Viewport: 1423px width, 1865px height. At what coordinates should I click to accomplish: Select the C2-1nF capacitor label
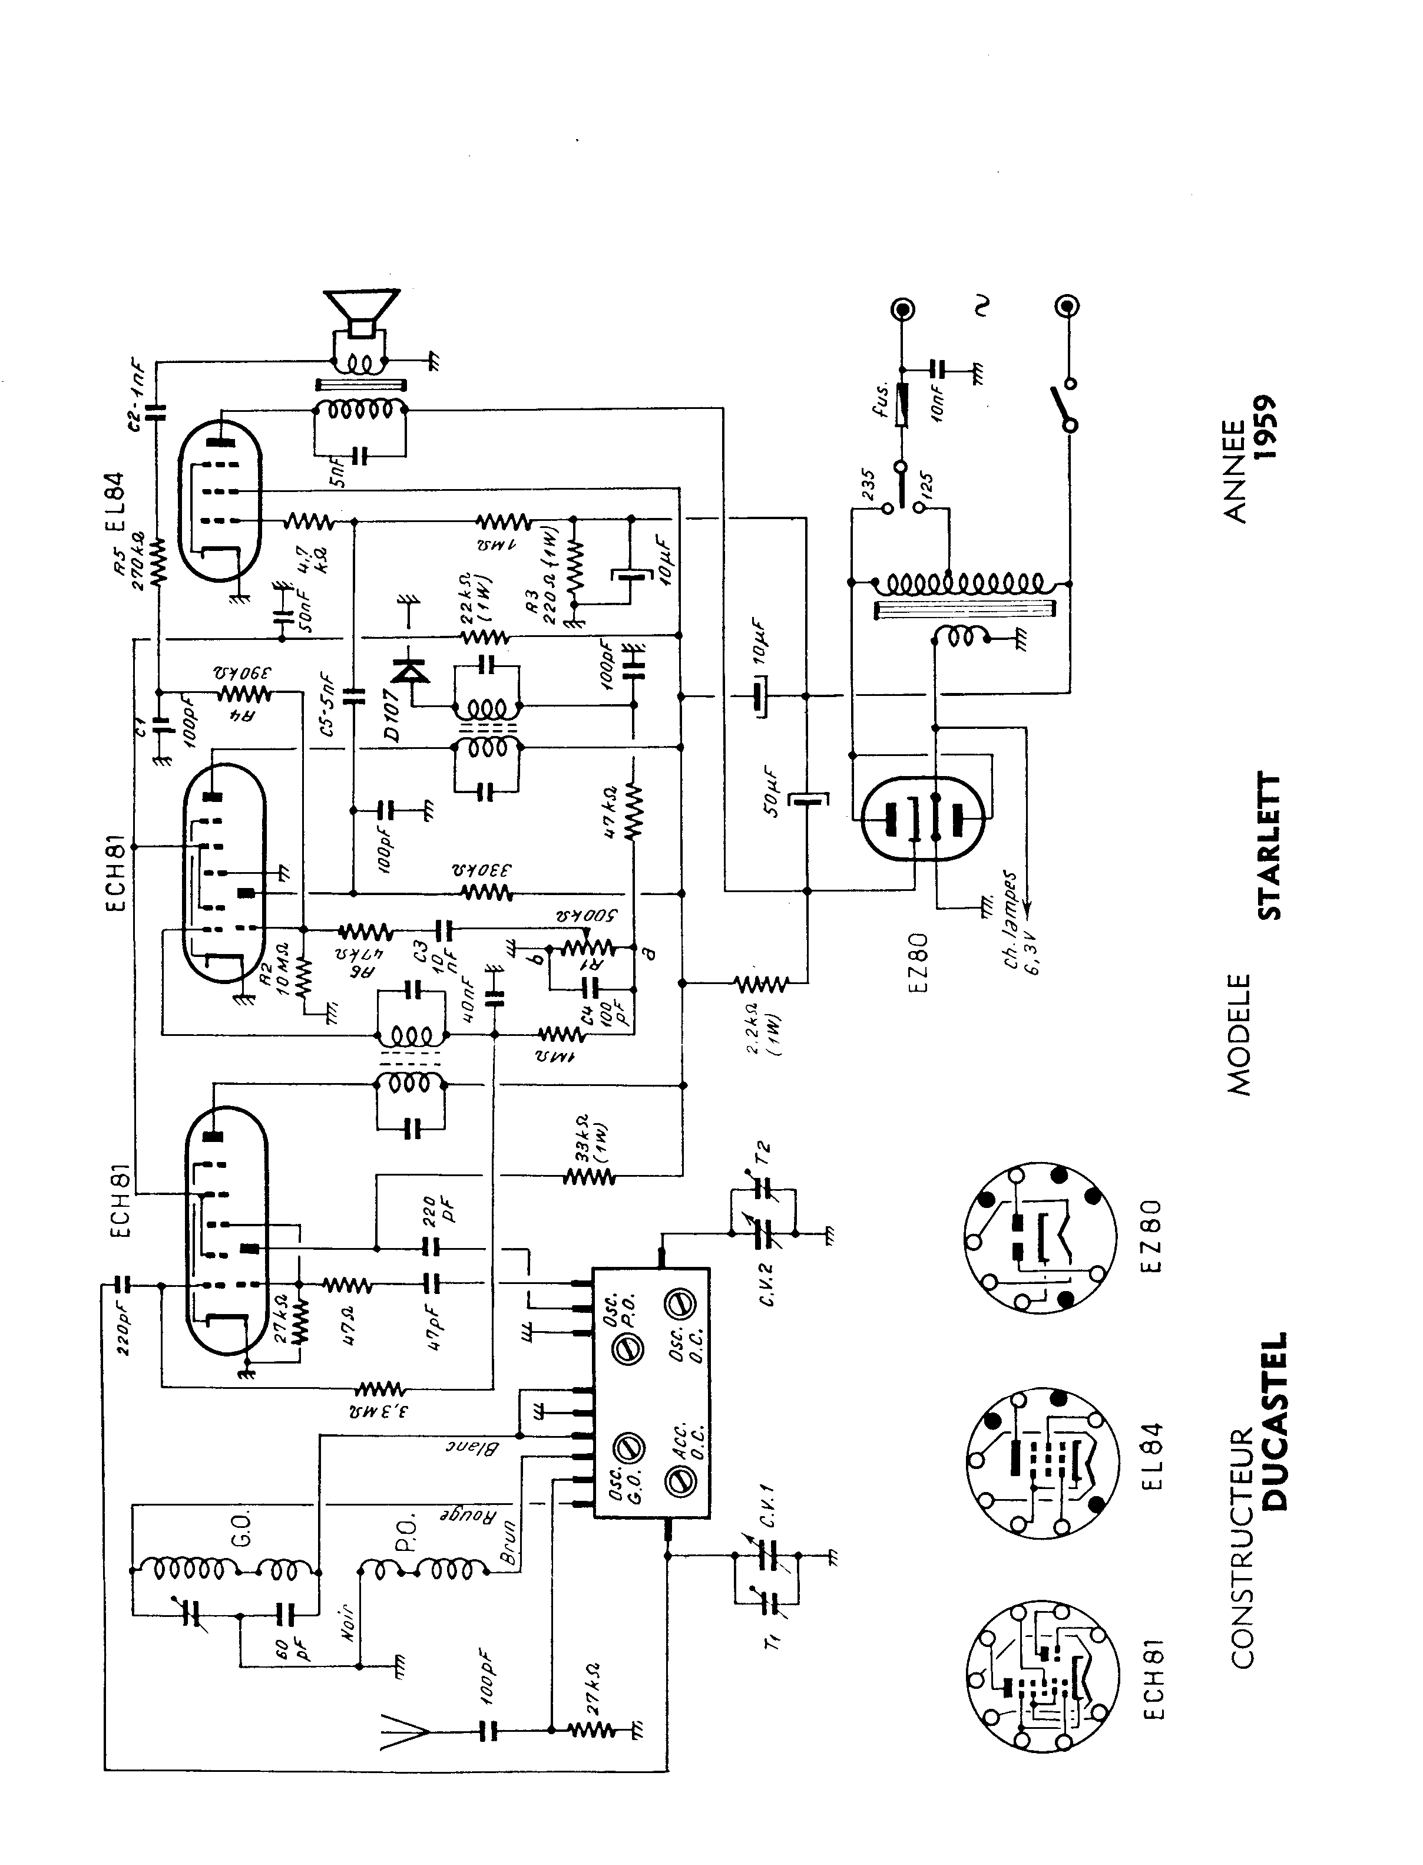pyautogui.click(x=138, y=385)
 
